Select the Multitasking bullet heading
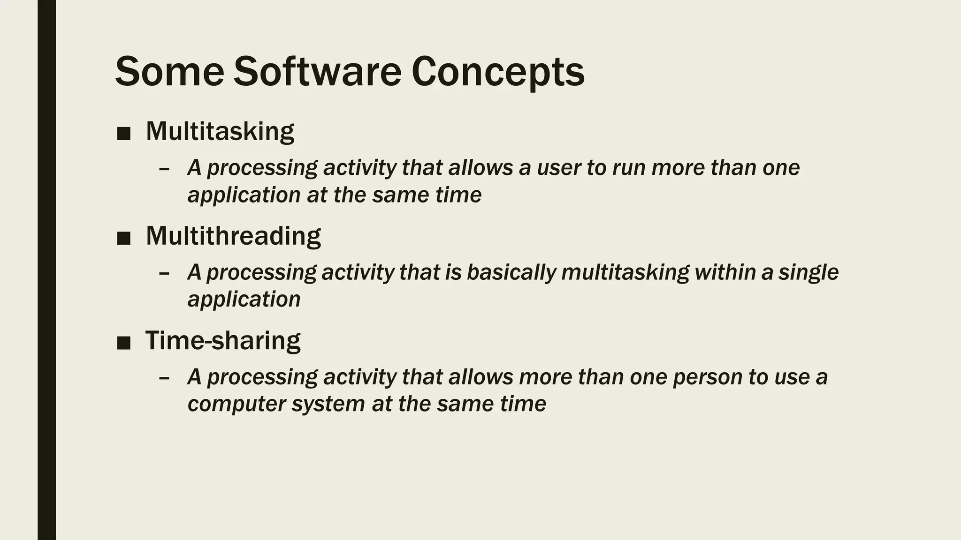click(220, 131)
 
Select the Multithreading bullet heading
click(233, 235)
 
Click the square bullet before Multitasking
click(123, 134)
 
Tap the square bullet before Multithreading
click(123, 239)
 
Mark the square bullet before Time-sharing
click(123, 343)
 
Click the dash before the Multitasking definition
click(164, 169)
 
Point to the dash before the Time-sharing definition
click(164, 378)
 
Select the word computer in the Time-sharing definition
click(236, 404)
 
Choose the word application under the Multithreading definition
click(244, 300)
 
